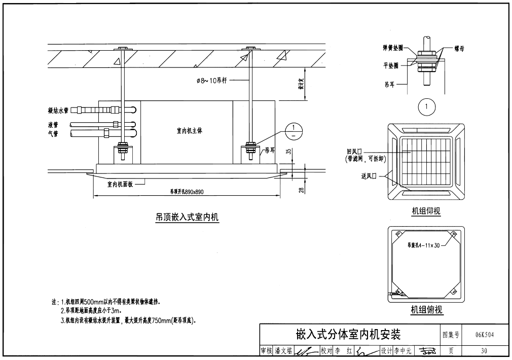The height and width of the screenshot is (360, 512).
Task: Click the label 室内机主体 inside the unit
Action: (186, 131)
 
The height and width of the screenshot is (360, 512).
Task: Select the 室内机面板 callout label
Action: (120, 185)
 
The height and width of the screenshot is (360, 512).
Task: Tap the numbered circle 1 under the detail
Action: (428, 107)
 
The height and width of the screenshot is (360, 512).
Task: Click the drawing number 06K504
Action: (484, 335)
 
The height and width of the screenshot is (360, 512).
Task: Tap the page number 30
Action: (484, 350)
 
